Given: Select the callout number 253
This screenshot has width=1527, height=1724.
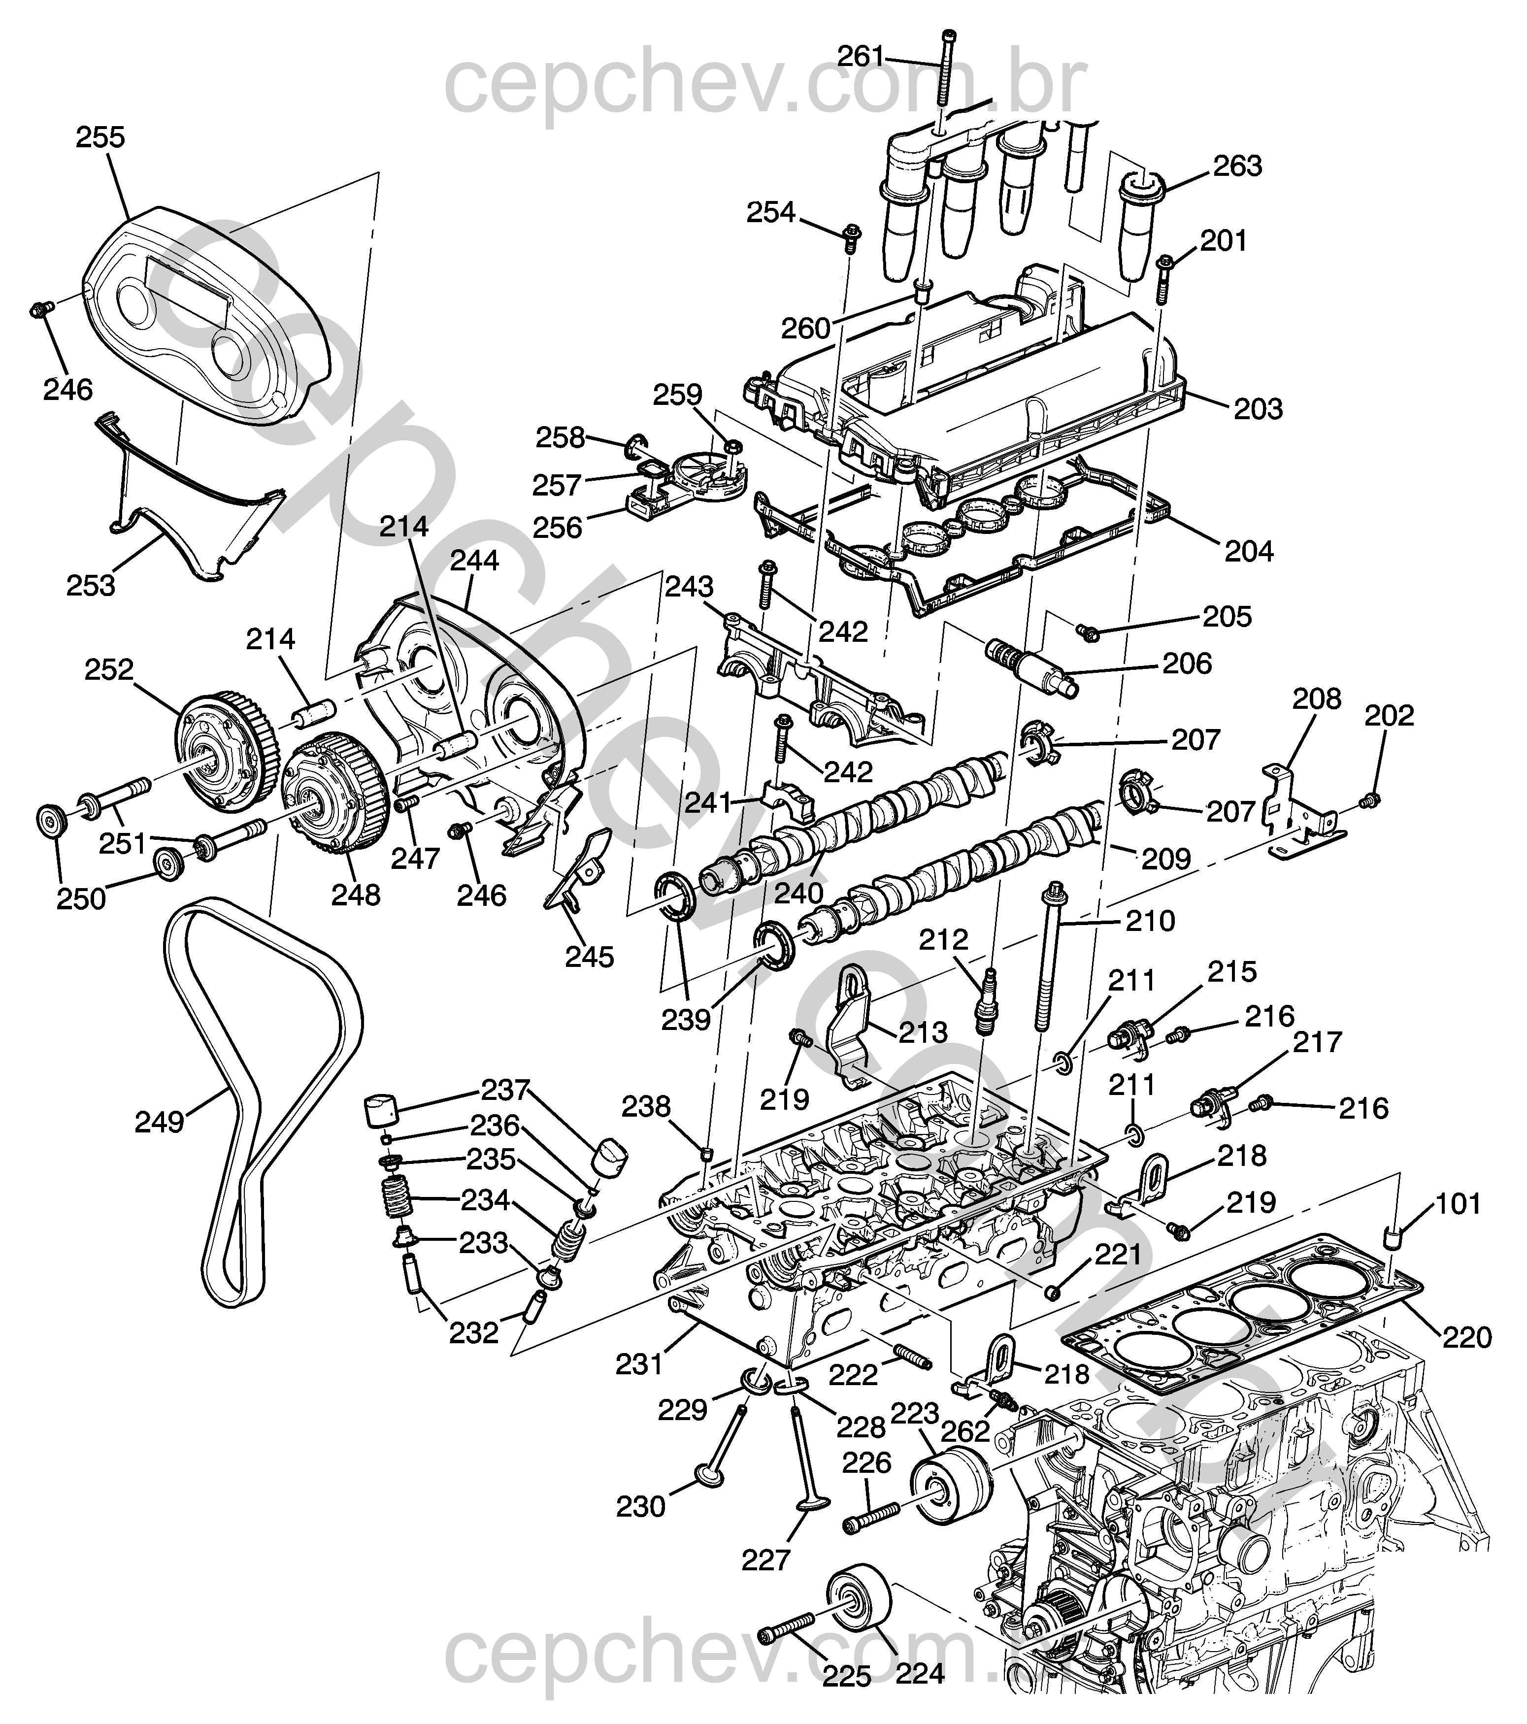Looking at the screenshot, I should (x=90, y=585).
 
